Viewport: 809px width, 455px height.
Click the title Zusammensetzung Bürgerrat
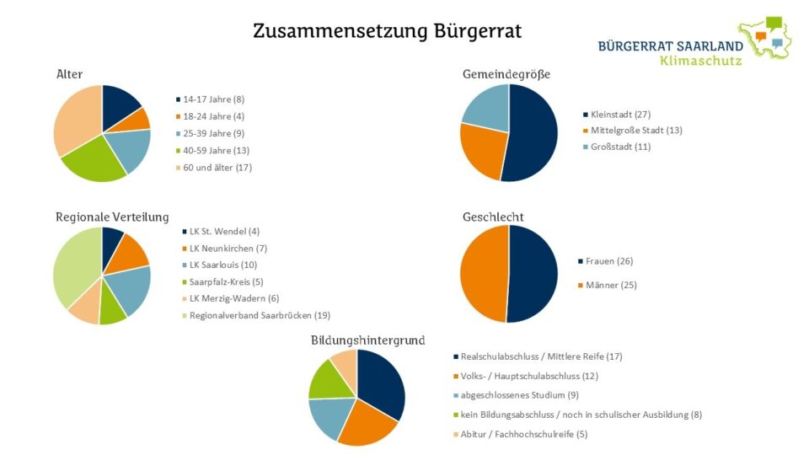click(x=387, y=32)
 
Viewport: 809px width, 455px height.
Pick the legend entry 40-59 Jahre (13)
click(x=216, y=150)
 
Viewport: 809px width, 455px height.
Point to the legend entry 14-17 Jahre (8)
click(x=213, y=99)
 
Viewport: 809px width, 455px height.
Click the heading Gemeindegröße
click(x=506, y=74)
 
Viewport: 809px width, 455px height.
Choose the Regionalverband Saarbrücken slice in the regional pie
click(x=74, y=265)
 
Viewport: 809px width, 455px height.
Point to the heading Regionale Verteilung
click(x=112, y=217)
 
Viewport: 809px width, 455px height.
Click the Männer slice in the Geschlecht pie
click(x=483, y=274)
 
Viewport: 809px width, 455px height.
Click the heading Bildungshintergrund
click(x=367, y=340)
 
